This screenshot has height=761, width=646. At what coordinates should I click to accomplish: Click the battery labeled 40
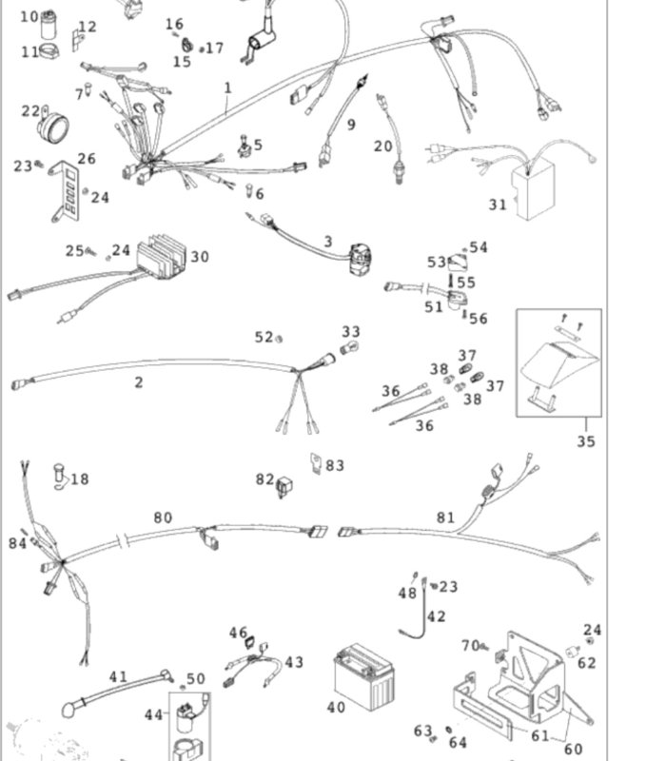[363, 676]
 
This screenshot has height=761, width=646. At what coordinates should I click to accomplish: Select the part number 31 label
[498, 205]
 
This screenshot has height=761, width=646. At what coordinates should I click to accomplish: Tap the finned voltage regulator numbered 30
[161, 257]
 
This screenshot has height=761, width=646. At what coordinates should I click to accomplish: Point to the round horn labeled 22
[53, 126]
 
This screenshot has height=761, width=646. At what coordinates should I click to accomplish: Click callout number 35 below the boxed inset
[586, 441]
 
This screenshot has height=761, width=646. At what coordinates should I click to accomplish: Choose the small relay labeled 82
[284, 487]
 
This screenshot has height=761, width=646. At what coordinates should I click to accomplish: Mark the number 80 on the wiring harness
[163, 517]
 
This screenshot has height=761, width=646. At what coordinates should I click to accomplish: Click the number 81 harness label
[445, 517]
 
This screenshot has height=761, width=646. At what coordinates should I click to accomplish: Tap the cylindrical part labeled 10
[49, 25]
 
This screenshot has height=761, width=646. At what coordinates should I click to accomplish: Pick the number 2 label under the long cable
[139, 382]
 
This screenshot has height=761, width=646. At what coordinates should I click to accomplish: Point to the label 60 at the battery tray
[573, 749]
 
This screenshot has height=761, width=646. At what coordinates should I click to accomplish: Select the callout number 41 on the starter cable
[118, 676]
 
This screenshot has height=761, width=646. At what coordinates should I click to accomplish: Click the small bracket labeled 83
[316, 463]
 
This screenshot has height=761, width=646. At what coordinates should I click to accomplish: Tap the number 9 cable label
[351, 125]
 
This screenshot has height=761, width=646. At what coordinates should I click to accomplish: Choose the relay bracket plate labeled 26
[65, 192]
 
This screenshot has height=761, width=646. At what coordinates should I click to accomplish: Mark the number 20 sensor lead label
[383, 146]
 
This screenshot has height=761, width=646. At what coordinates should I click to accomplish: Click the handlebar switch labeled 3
[361, 260]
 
